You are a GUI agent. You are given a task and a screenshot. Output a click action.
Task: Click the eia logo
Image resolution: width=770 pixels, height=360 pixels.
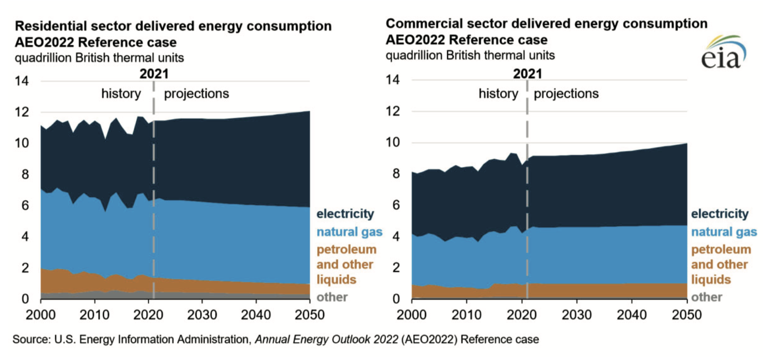click(723, 53)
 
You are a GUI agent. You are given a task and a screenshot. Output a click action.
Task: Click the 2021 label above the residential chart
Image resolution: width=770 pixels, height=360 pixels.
click(154, 74)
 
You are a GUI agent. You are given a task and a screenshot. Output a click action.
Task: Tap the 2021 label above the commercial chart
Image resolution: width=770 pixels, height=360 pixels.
click(527, 74)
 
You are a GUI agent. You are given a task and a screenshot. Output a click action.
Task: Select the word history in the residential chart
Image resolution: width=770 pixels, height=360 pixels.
click(121, 94)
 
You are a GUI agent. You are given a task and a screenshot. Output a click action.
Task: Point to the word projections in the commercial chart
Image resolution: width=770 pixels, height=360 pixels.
click(566, 94)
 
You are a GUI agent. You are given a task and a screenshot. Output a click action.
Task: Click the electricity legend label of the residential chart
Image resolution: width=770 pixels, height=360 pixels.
click(345, 214)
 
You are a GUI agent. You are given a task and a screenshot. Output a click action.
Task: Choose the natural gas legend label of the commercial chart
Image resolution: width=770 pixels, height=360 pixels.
click(724, 232)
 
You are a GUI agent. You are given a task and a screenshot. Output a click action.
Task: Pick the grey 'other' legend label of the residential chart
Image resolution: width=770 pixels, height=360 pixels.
click(332, 297)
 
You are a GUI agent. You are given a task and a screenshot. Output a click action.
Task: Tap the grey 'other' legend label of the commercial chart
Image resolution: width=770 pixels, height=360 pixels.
click(706, 297)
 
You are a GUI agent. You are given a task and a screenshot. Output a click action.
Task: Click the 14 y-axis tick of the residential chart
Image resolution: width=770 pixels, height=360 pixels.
click(22, 81)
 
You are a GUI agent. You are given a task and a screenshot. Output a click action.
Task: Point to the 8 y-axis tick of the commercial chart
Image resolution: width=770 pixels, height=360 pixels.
click(396, 174)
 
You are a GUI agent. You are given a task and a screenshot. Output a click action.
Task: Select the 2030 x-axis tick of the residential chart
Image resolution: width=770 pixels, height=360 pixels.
click(202, 315)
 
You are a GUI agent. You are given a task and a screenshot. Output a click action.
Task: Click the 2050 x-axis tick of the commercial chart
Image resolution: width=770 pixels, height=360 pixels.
click(687, 315)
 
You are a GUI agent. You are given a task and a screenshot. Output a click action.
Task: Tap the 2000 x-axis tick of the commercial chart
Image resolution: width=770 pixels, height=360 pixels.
click(412, 315)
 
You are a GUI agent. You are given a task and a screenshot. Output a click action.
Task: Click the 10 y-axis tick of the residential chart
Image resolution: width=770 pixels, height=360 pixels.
click(22, 143)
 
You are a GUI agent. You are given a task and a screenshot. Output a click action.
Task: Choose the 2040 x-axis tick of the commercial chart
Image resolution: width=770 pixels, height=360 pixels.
click(632, 315)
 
